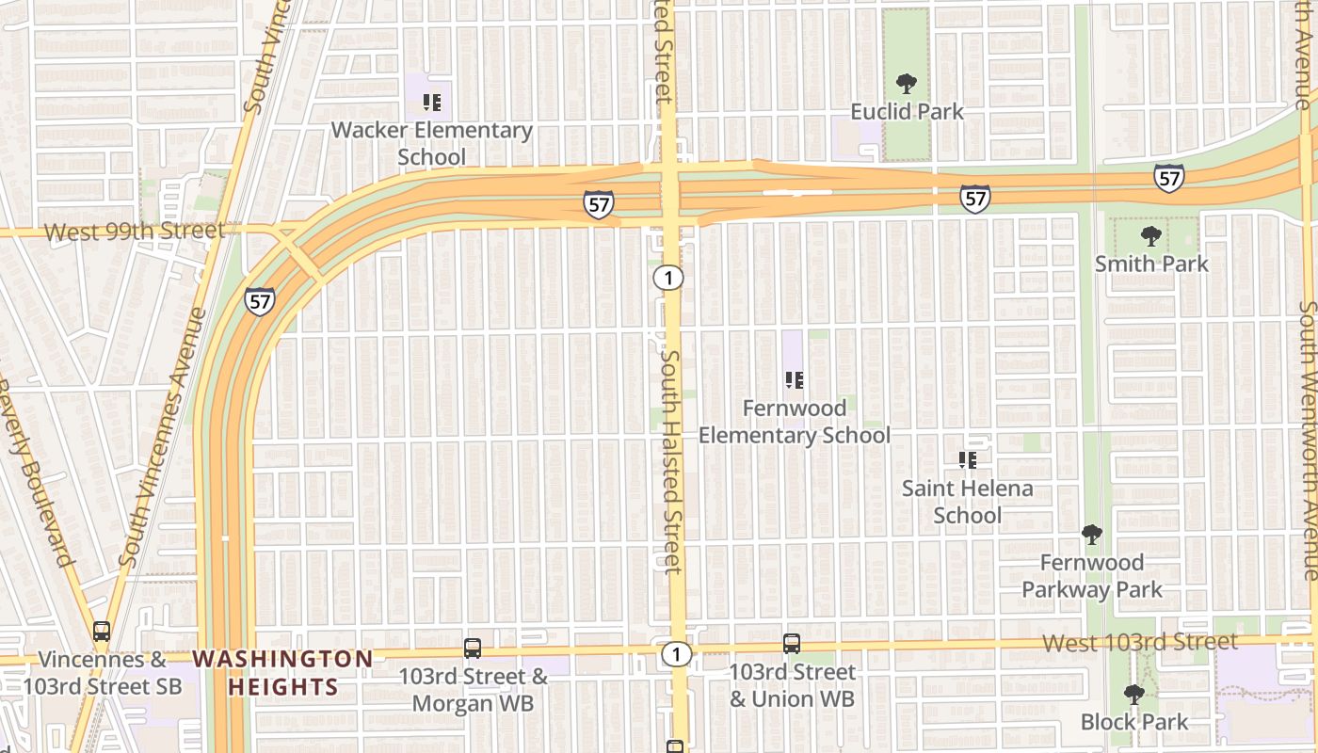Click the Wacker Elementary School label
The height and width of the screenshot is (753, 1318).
[431, 143]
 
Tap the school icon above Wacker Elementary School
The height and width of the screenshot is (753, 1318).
[432, 102]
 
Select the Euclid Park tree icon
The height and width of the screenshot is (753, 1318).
[906, 84]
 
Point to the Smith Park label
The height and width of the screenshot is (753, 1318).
[1151, 264]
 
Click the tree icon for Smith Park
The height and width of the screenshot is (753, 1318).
[1150, 235]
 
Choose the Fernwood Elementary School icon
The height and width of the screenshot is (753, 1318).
[794, 380]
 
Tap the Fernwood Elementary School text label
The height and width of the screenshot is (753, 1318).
[795, 422]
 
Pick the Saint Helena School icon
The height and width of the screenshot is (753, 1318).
[967, 460]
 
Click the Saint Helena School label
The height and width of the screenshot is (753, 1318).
[968, 502]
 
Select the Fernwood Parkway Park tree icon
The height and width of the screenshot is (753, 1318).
[1092, 535]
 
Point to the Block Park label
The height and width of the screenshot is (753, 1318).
[1134, 722]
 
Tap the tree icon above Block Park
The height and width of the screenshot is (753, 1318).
[1134, 695]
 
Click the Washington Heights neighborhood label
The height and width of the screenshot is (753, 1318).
[283, 672]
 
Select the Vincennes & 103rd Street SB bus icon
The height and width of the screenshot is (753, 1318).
[101, 632]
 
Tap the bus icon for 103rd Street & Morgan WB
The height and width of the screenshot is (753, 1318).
[473, 649]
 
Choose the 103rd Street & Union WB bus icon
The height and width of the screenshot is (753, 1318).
[792, 644]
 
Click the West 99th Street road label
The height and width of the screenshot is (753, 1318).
[135, 231]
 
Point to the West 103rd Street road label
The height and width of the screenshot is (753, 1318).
[1141, 642]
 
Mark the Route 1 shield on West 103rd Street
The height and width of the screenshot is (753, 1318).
[675, 653]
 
